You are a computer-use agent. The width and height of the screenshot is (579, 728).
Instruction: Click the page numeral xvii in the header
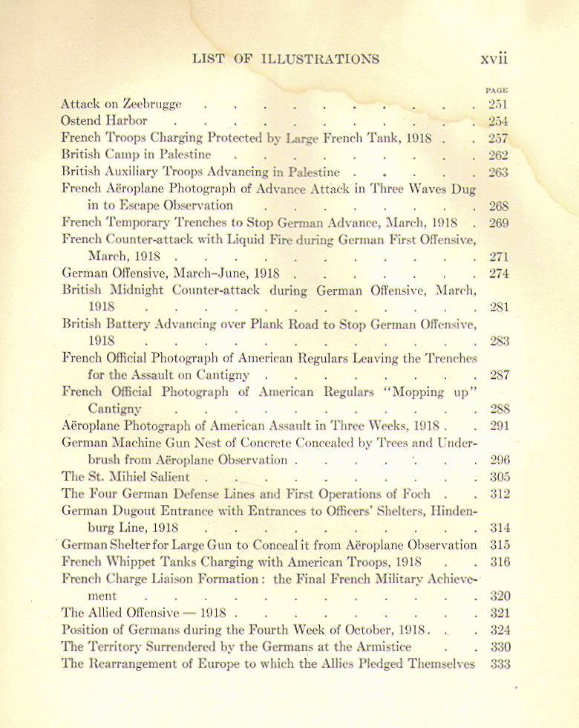[x=494, y=59]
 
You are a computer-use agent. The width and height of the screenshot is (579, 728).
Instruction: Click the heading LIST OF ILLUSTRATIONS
[x=285, y=59]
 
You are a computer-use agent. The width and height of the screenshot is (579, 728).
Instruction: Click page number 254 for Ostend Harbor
[x=498, y=121]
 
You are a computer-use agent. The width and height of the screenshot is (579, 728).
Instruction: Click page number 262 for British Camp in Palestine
[x=498, y=155]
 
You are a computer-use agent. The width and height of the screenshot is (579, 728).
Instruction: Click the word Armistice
[x=376, y=646]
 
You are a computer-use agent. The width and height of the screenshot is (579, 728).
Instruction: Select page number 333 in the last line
[x=500, y=664]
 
